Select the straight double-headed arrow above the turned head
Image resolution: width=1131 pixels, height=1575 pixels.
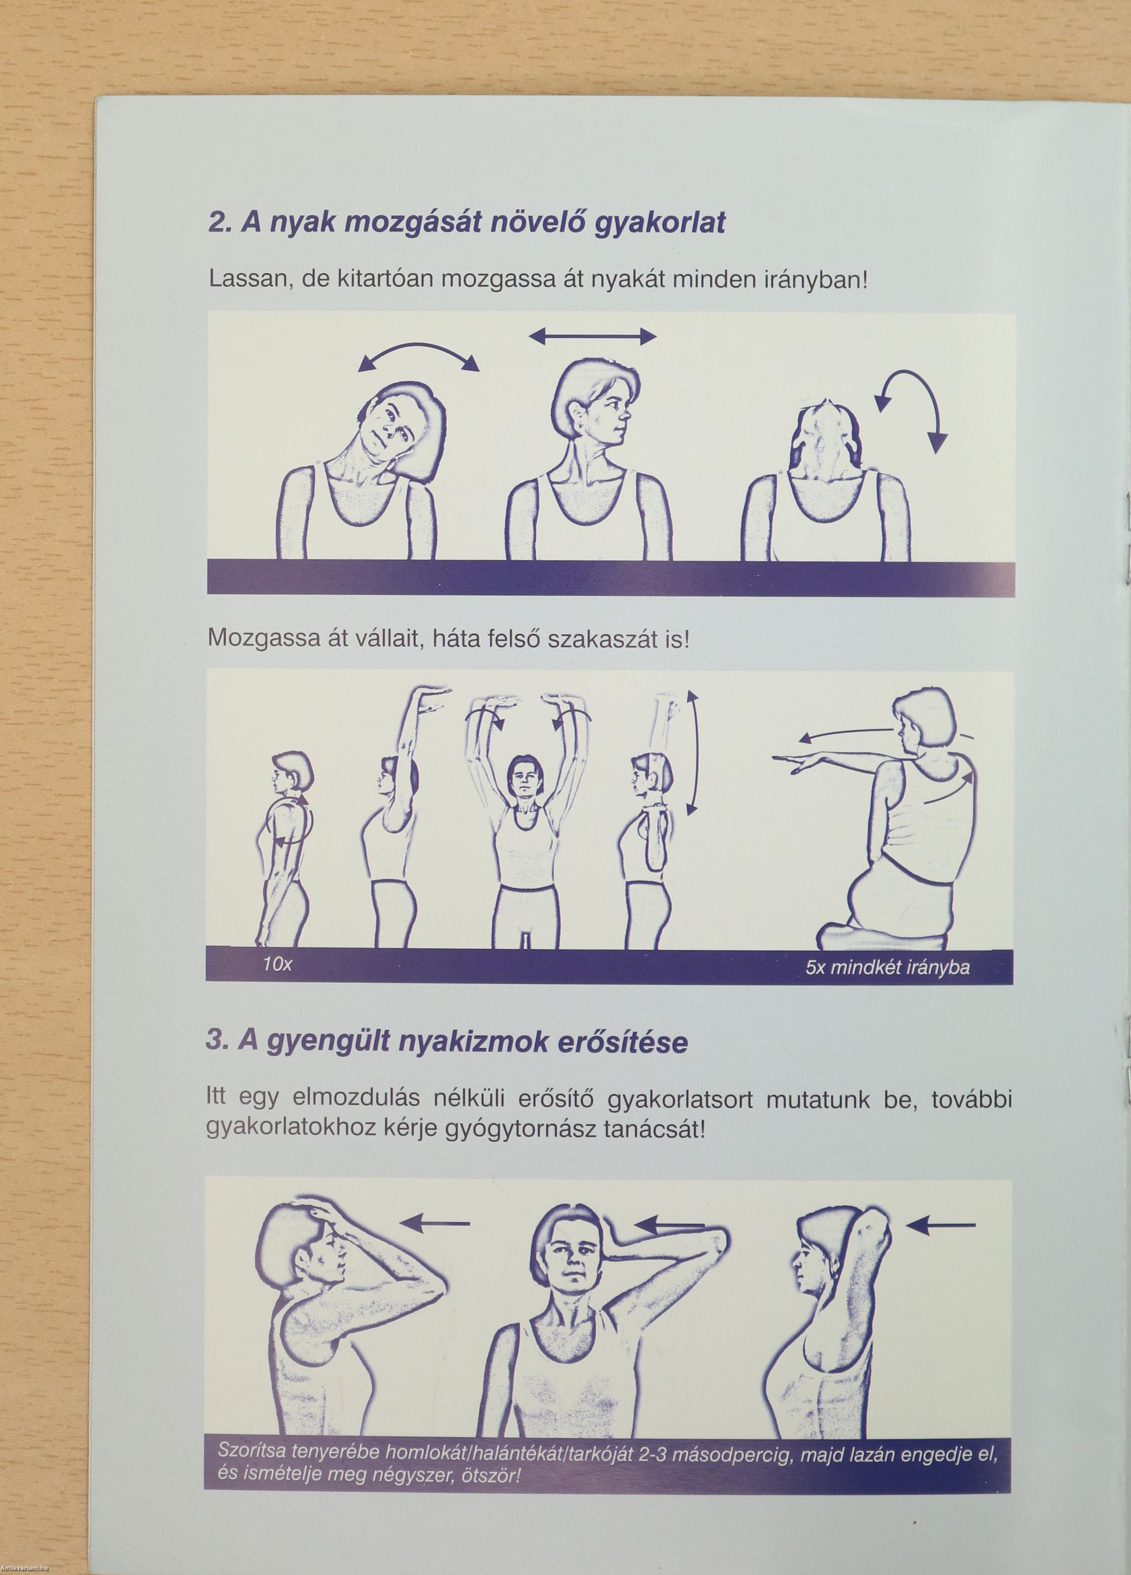[x=592, y=337]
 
